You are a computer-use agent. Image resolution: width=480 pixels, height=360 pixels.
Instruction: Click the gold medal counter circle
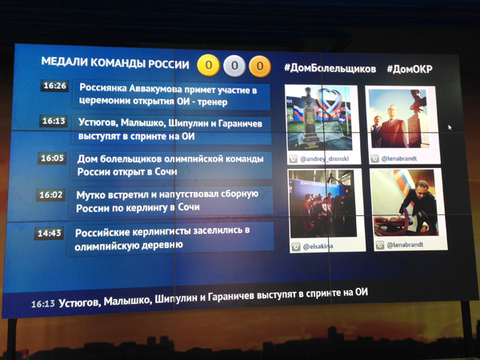coord(209,66)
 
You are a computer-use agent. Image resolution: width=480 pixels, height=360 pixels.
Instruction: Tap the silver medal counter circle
coord(234,66)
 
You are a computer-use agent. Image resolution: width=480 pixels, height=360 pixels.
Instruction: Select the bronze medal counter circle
coord(260,66)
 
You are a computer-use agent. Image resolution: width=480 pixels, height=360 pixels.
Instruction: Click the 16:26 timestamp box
coord(54,86)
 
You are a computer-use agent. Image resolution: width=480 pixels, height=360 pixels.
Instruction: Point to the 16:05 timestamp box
coord(52,158)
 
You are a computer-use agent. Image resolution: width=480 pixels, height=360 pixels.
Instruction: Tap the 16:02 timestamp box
coord(51,194)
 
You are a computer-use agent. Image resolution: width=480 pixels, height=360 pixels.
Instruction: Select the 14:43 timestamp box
coord(50,234)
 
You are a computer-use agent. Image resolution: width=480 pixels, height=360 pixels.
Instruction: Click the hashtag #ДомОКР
coord(410,69)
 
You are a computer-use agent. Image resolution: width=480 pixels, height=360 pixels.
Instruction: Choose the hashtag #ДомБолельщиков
coord(330,68)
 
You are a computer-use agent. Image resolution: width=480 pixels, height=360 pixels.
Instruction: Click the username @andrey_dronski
coord(324,159)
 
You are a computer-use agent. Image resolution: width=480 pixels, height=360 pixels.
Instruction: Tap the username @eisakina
coord(318,246)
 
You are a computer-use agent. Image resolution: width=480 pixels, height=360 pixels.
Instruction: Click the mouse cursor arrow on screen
coord(450,127)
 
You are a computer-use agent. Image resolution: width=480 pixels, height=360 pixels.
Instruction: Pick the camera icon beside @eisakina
coord(296,246)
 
